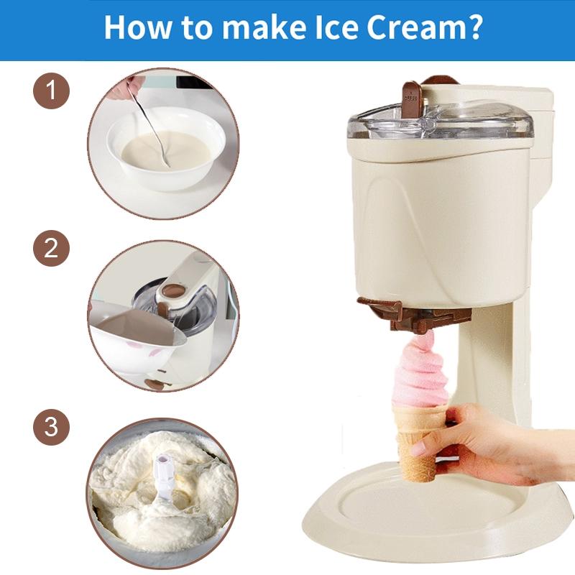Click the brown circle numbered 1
coord(51,93)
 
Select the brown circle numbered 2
coord(51,249)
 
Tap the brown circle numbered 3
coord(51,427)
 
